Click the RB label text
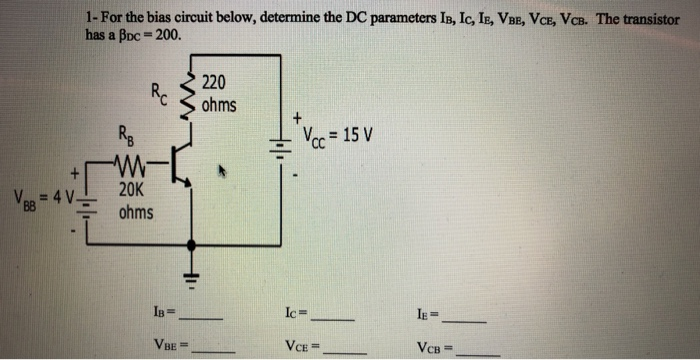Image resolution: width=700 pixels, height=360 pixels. click(124, 137)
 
